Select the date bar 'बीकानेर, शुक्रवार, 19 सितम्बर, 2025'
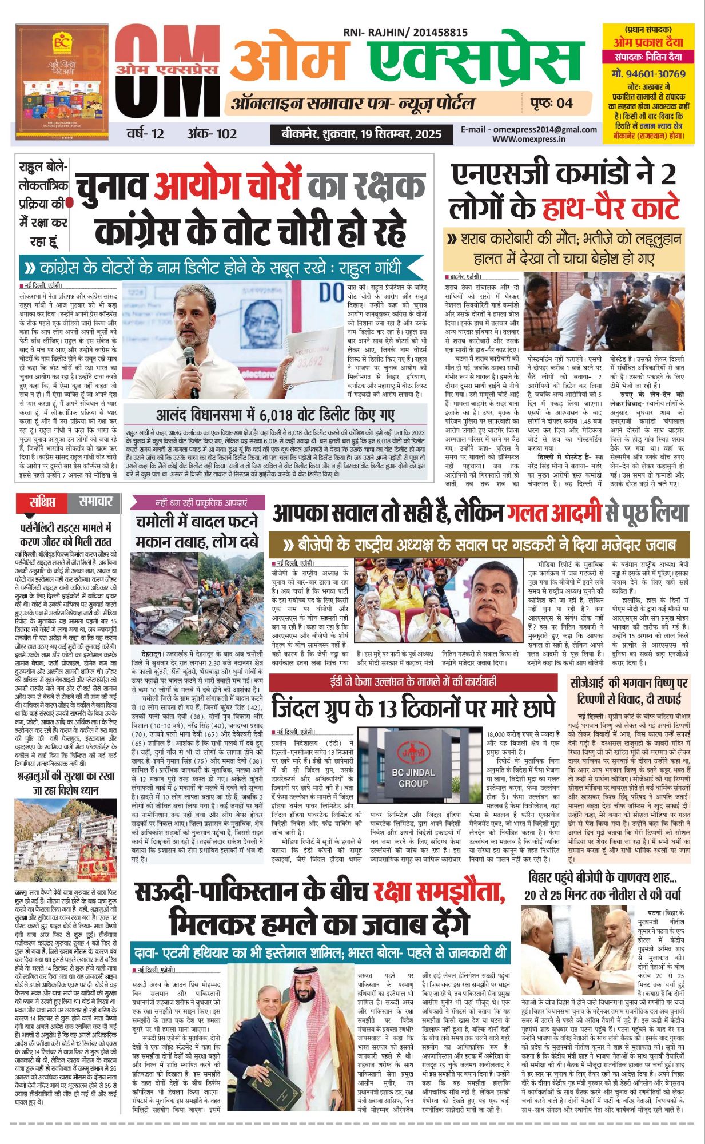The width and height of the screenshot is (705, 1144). tap(361, 134)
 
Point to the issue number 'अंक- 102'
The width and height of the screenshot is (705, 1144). tap(212, 134)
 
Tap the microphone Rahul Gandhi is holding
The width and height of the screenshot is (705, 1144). tap(190, 358)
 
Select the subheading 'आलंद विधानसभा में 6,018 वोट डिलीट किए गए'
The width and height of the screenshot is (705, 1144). tap(275, 414)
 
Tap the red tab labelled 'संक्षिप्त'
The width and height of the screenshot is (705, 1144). tap(43, 503)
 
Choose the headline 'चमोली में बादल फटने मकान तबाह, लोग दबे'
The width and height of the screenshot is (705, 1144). tap(197, 531)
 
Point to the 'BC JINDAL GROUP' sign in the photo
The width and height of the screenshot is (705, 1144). tap(413, 777)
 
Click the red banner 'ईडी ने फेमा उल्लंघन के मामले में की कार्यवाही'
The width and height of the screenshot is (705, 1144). tap(413, 682)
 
